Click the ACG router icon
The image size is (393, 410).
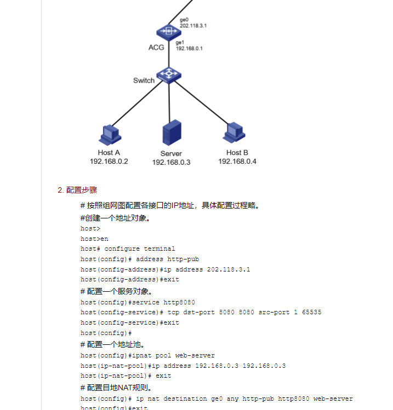coord(169,31)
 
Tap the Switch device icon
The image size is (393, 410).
coord(169,74)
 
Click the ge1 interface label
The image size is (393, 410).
coord(180,42)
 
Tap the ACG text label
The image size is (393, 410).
coord(156,48)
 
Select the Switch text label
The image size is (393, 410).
coord(144,80)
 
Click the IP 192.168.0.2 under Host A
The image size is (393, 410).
coord(109,161)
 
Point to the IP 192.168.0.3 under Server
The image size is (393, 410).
coord(171,163)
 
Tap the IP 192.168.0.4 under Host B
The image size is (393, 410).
coord(237,161)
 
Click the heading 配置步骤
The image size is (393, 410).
coord(82,190)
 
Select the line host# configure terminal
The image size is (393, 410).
coord(128,249)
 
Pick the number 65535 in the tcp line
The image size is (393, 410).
coord(310,312)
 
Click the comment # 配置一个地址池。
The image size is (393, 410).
coord(112,344)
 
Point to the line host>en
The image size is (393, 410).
coord(94,239)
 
